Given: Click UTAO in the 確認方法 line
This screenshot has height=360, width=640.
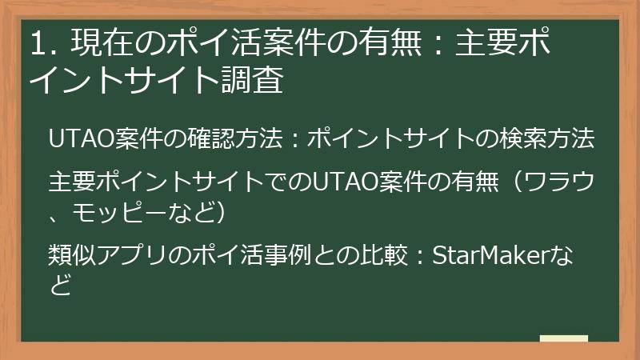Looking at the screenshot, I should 76,138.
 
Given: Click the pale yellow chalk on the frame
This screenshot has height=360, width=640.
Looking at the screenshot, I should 563,338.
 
